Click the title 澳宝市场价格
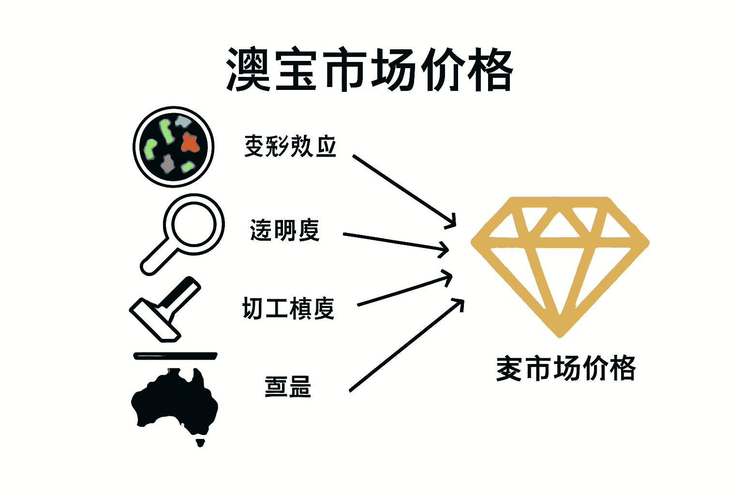[x=370, y=70]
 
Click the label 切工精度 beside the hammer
[x=288, y=308]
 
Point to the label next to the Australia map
[x=288, y=387]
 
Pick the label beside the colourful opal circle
[x=290, y=146]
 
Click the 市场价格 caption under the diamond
[x=566, y=368]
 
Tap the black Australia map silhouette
[x=174, y=401]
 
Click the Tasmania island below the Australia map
[x=200, y=442]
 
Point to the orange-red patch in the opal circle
[x=190, y=143]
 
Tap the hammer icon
[x=164, y=309]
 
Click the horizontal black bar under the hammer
[x=175, y=356]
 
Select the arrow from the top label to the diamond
[x=404, y=190]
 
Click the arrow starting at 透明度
[x=394, y=242]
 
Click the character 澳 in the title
[x=248, y=70]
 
